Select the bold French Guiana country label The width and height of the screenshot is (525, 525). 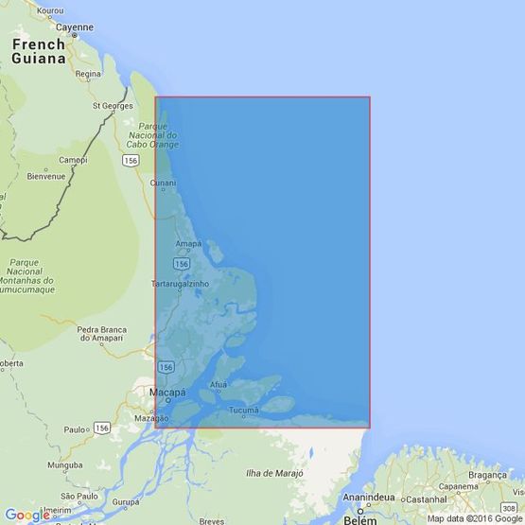[x=39, y=51]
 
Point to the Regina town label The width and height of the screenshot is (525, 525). [x=88, y=74]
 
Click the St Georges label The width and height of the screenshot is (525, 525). [x=110, y=106]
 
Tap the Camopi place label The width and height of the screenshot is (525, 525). [x=73, y=160]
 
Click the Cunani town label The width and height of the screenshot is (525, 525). [x=163, y=182]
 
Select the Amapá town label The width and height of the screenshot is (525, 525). [x=188, y=244]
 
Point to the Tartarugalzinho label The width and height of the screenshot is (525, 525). [x=181, y=283]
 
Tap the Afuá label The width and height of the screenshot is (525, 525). [x=219, y=385]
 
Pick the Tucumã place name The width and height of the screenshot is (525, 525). [x=243, y=410]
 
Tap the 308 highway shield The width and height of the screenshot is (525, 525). [x=508, y=481]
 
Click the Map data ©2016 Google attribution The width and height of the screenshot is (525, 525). [x=474, y=518]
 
